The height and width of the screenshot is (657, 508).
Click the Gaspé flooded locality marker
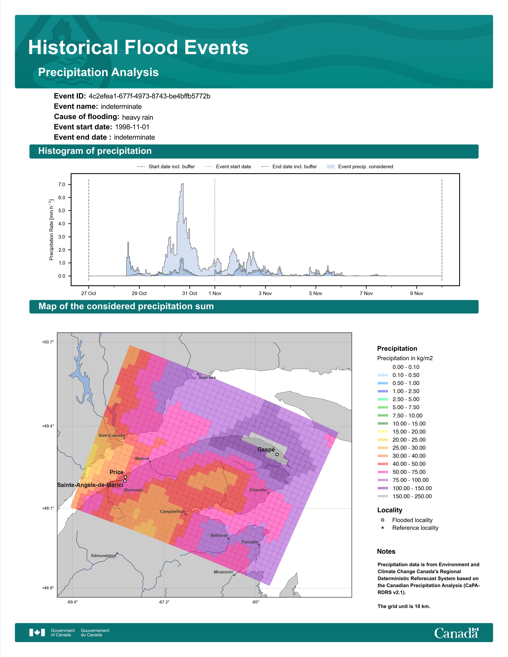277,454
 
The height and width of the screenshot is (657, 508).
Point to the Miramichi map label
223,572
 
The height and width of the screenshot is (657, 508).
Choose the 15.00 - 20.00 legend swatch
383,432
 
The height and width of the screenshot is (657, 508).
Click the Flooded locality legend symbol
382,520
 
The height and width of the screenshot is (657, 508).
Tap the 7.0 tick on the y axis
62,184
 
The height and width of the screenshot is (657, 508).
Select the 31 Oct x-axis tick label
190,293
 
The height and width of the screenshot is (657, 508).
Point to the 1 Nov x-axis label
215,293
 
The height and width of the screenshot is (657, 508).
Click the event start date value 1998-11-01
132,127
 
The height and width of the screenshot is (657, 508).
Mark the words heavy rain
137,117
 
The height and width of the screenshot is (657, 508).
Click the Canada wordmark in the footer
456,633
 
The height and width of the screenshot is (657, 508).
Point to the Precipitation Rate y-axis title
51,230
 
